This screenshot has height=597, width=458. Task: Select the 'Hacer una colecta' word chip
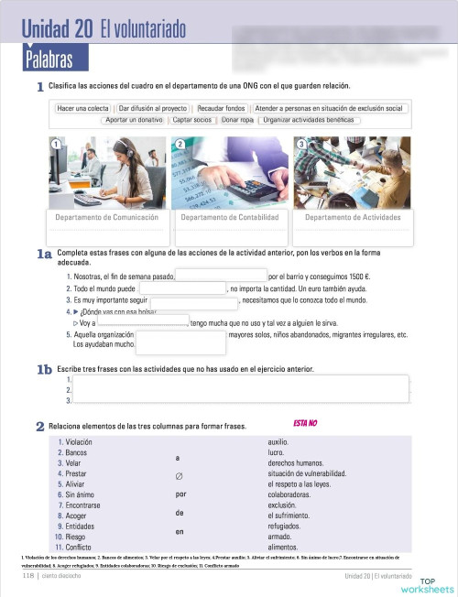click(x=83, y=108)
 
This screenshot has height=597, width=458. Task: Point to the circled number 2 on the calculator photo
click(x=180, y=145)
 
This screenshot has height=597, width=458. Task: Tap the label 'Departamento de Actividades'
click(x=353, y=218)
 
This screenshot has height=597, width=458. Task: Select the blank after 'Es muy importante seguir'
click(x=193, y=299)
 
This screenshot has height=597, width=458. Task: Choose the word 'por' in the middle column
click(x=180, y=494)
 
